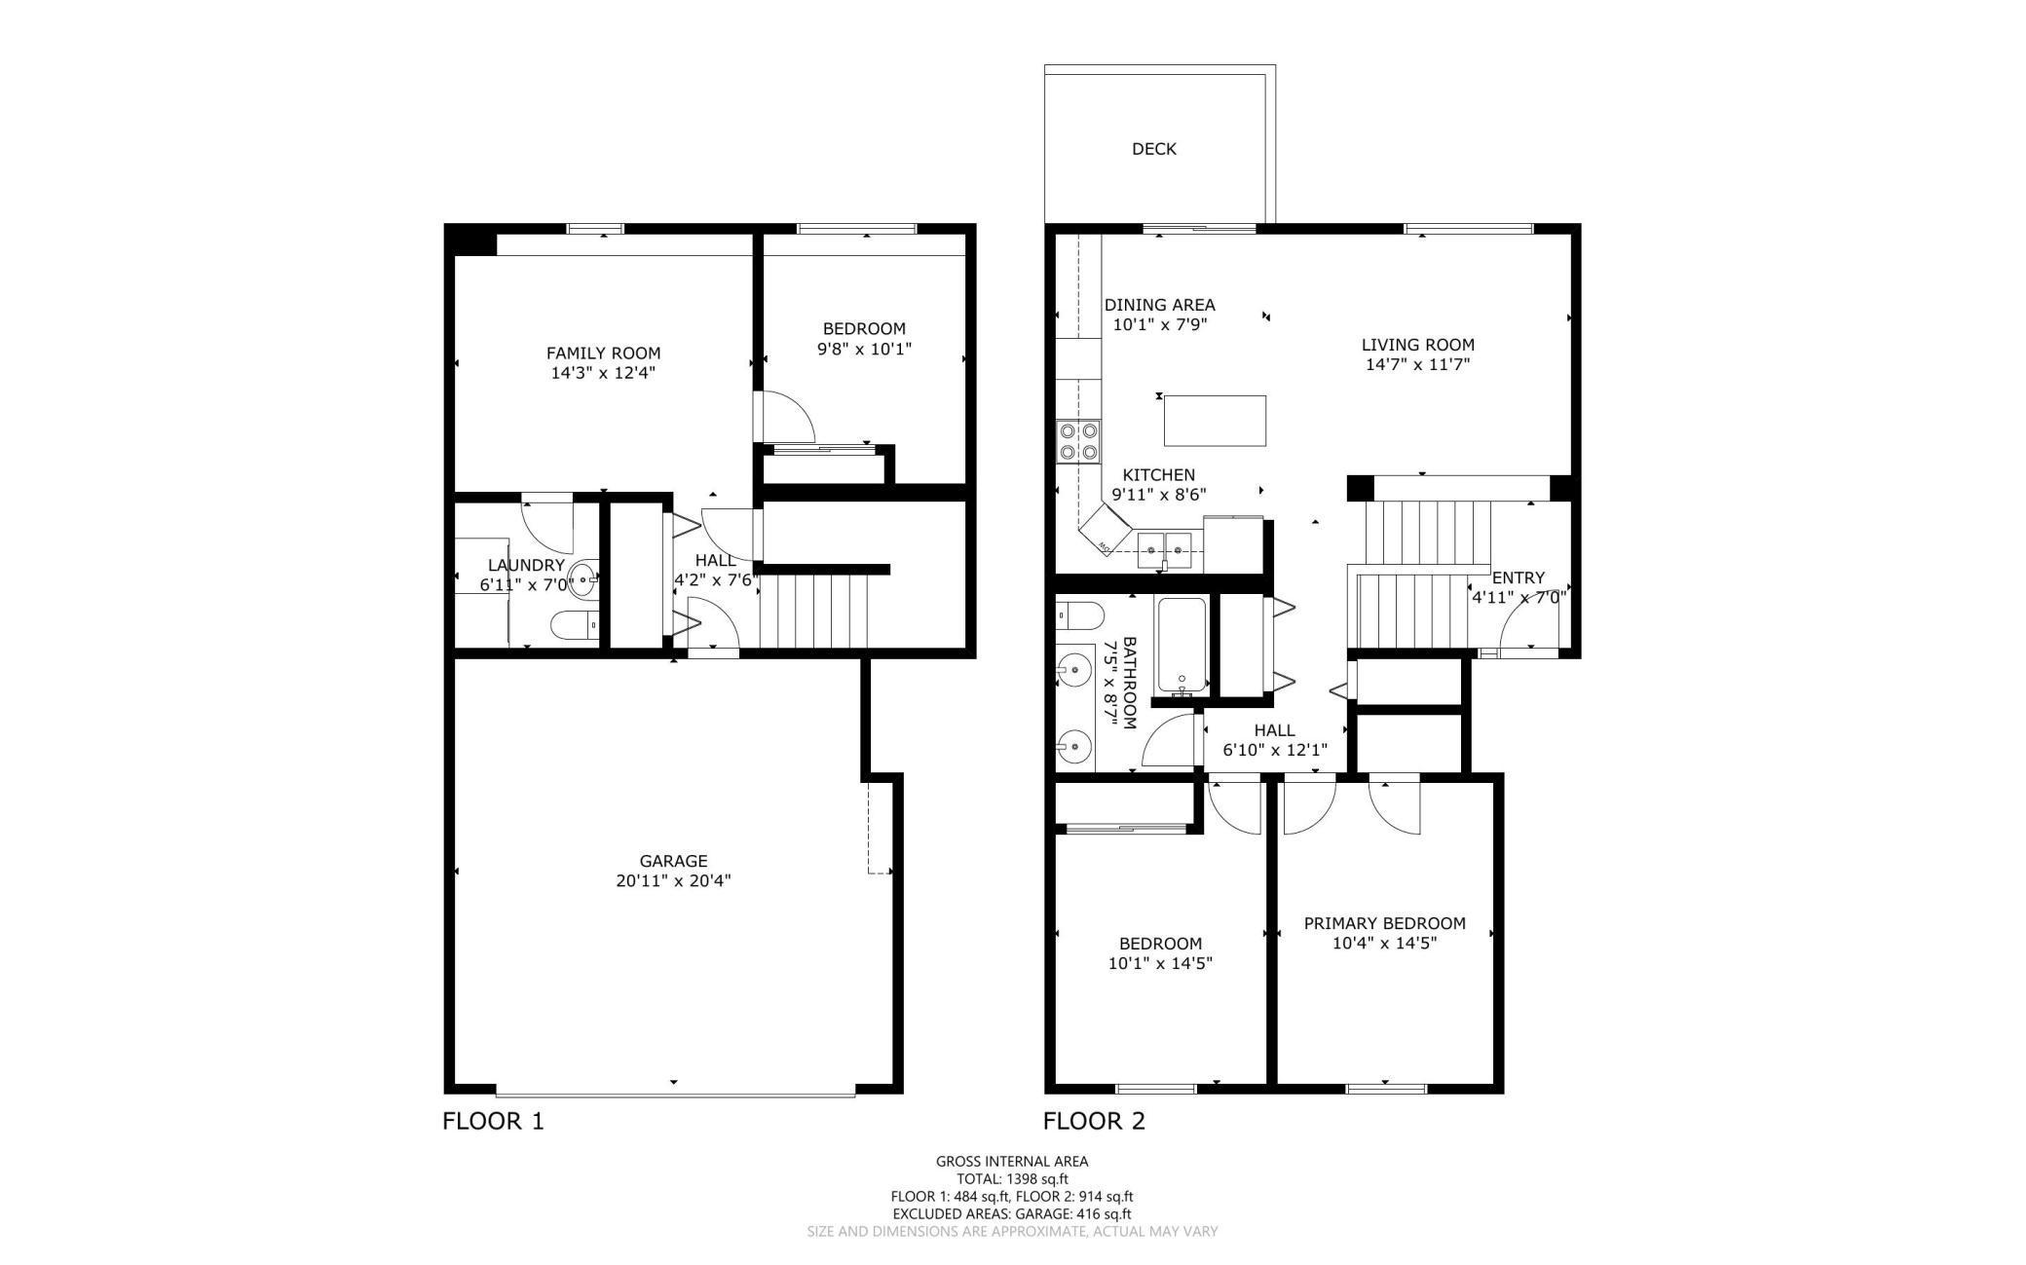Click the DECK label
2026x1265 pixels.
tap(1153, 149)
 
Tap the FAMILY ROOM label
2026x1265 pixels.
tap(603, 353)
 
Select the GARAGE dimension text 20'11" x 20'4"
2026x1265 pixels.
tap(673, 881)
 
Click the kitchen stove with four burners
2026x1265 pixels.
tap(1079, 440)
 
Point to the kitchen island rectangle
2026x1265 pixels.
tap(1215, 421)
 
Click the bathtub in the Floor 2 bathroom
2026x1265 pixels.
tap(1182, 647)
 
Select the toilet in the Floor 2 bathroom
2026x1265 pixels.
tap(1080, 615)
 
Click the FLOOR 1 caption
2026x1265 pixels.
tap(493, 1121)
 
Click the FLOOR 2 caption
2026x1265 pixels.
tap(1094, 1121)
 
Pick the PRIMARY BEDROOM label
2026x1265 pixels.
tap(1384, 923)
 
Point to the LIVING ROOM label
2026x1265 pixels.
tap(1417, 345)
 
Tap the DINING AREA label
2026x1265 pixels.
tap(1159, 305)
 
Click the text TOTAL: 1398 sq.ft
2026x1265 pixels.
tap(1012, 1178)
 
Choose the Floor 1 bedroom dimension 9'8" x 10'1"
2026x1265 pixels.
tap(864, 349)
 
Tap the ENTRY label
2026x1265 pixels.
tap(1518, 577)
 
